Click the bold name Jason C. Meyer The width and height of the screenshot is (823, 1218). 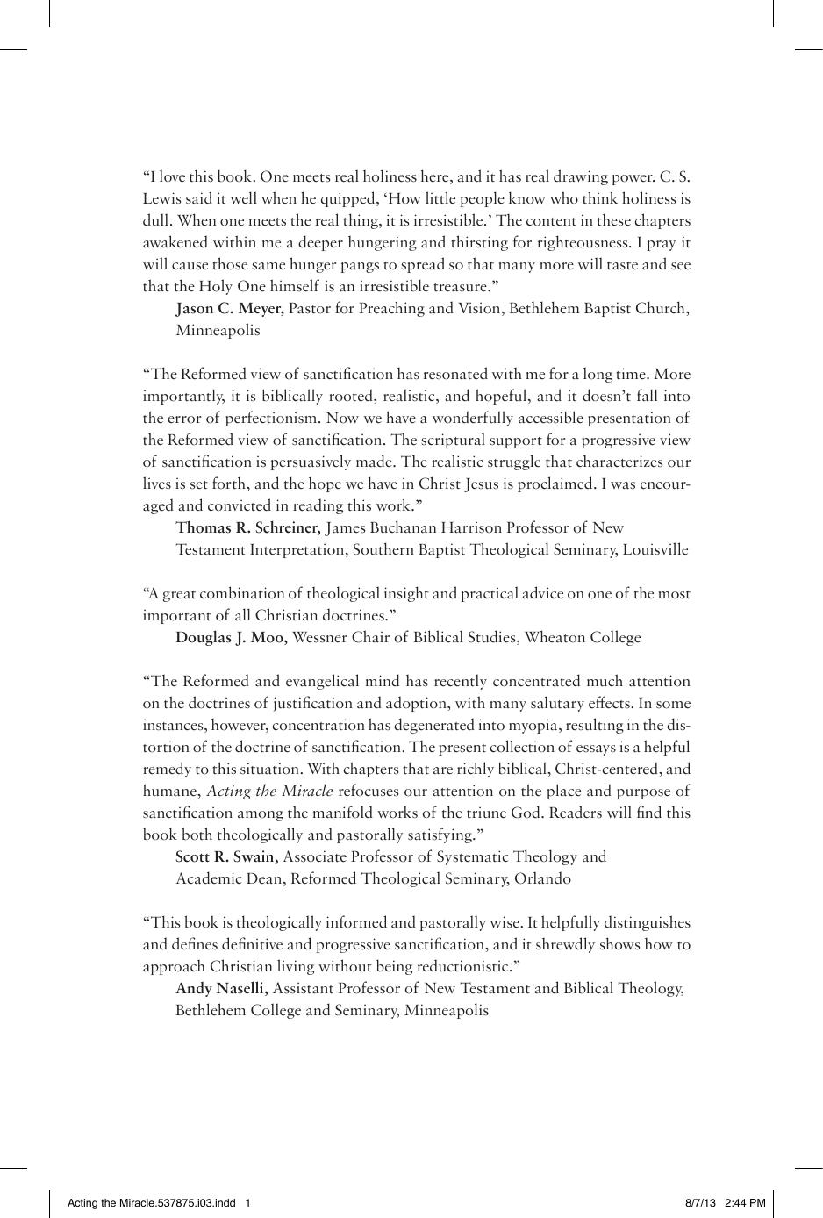tap(229, 309)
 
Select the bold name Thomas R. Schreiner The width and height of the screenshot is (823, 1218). tap(248, 528)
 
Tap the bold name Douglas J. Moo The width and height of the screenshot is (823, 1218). tap(231, 638)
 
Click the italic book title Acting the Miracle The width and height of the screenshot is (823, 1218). tap(269, 792)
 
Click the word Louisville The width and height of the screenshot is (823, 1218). tap(655, 550)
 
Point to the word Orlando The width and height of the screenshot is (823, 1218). tap(541, 879)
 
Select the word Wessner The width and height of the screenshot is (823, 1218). tap(320, 638)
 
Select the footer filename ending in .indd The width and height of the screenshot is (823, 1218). tap(152, 1203)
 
